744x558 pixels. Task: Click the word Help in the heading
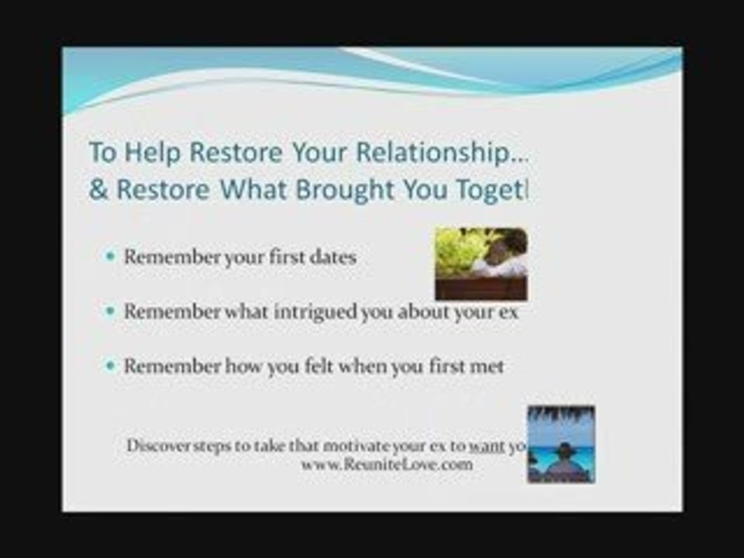click(x=153, y=152)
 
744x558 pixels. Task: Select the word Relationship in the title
click(x=436, y=152)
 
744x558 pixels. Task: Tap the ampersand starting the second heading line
click(x=98, y=191)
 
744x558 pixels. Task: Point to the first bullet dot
click(x=109, y=257)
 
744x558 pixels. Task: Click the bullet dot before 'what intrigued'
click(x=109, y=312)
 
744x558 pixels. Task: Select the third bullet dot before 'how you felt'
click(x=109, y=366)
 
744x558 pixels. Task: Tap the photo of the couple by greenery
click(x=480, y=263)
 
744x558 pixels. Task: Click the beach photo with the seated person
click(x=561, y=444)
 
